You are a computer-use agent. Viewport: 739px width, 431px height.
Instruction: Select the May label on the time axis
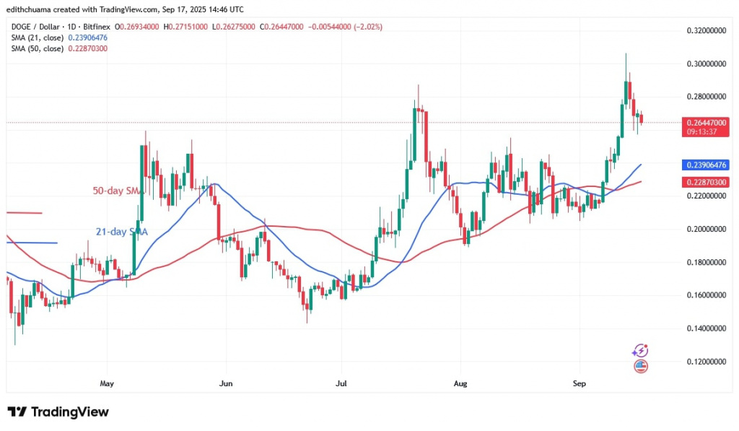108,383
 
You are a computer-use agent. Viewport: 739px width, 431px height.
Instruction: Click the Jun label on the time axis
226,383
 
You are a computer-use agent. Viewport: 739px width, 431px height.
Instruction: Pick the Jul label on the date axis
340,383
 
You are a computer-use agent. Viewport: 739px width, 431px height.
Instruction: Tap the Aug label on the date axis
458,383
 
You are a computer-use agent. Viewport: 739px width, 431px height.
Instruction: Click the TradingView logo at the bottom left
58,412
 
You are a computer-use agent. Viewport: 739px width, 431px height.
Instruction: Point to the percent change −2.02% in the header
367,27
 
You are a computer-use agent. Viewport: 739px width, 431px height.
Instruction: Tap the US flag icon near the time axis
640,366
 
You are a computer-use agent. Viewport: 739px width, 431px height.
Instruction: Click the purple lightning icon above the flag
640,351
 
